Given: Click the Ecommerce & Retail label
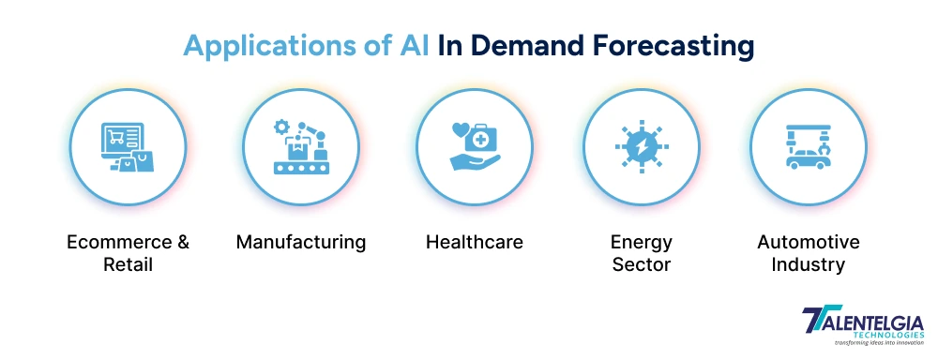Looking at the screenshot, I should click(128, 252).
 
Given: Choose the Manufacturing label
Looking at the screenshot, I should click(300, 242).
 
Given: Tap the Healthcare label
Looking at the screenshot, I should click(474, 242).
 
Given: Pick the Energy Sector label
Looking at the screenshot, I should click(642, 252).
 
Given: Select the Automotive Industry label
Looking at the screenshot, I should click(808, 252).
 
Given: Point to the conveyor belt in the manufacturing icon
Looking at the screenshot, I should click(301, 169).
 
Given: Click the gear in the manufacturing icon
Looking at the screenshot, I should click(279, 127).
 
